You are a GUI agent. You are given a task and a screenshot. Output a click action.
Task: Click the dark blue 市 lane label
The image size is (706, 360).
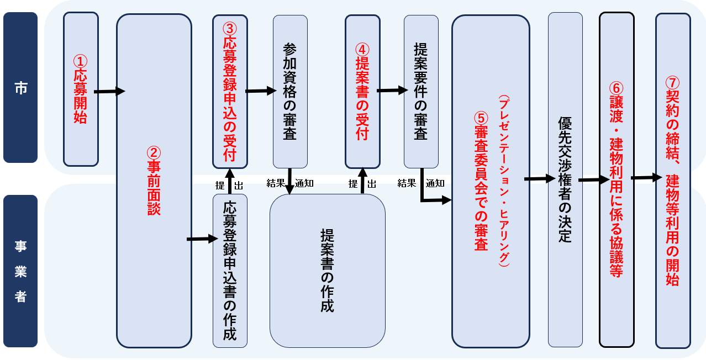click(x=20, y=88)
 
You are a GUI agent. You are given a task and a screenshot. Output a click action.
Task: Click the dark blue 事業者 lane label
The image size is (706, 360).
click(x=20, y=271)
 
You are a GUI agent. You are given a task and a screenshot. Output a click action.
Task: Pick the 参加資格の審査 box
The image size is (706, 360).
click(x=290, y=91)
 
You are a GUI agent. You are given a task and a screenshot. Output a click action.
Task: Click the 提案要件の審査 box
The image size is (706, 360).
click(x=421, y=91)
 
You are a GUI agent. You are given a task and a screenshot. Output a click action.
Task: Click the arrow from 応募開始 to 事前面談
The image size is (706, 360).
click(x=109, y=91)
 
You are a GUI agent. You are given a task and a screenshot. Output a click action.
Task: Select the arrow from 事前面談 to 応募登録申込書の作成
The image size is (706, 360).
click(x=202, y=239)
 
